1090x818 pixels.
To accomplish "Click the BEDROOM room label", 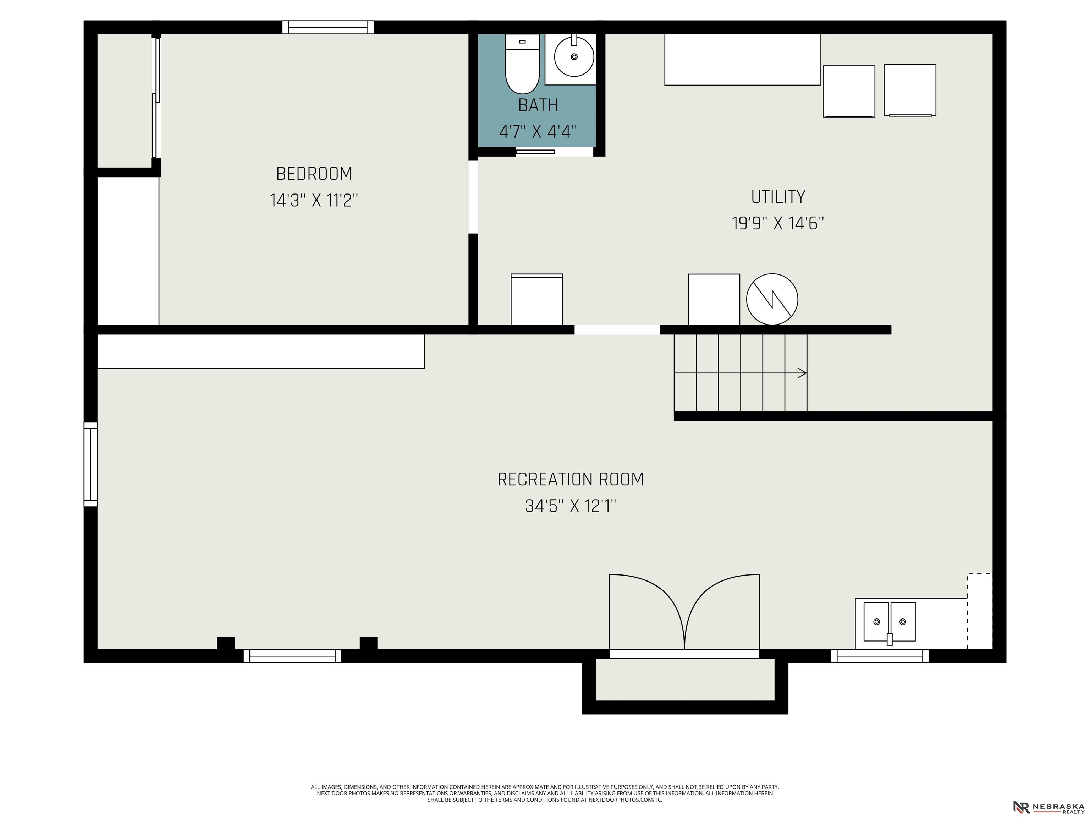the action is [314, 174].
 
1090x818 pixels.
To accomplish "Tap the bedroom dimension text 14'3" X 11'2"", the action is [314, 200].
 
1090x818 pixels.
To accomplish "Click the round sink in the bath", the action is [574, 56].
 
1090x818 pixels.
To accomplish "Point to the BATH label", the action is [538, 105].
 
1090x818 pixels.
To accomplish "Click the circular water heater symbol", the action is [772, 299].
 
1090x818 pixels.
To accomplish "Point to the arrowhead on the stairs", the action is [802, 373].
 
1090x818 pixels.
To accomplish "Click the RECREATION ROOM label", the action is [571, 479].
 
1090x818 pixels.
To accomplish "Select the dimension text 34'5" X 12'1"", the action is [571, 506].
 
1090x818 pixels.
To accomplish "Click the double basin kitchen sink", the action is [890, 623].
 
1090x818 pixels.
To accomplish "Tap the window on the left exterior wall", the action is [91, 464].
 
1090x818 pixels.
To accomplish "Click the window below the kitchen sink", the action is [880, 656].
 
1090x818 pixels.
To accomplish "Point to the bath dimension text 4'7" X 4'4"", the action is [538, 132].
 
